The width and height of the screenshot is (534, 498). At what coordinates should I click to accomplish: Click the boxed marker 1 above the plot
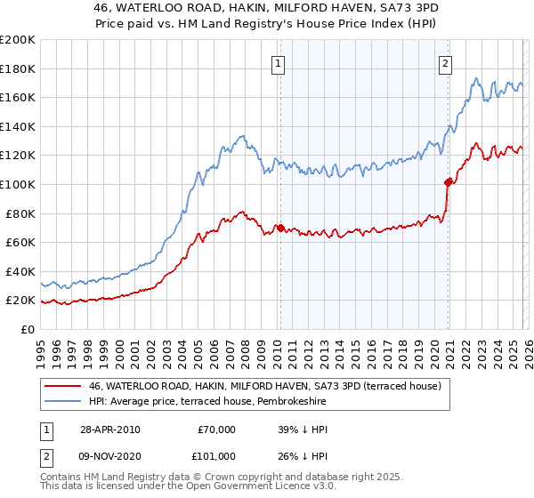coord(279,63)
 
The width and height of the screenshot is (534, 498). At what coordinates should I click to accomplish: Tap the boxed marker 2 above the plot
coord(445,63)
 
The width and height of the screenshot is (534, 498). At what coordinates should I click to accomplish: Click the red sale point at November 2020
coord(448,182)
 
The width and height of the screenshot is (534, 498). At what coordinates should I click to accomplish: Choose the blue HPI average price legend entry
coord(207,402)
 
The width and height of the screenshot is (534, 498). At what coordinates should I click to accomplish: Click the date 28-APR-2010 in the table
coord(109,430)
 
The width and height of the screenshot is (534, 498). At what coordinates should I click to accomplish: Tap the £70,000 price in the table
coord(216,430)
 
